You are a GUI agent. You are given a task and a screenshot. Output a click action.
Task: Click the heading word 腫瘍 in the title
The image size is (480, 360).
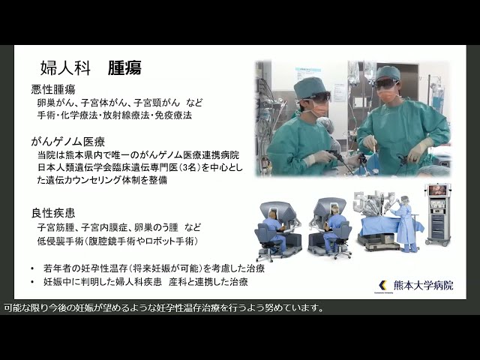[x=124, y=67]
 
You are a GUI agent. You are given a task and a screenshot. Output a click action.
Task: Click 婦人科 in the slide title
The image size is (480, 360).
[x=65, y=67]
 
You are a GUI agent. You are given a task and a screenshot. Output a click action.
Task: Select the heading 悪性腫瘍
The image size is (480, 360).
[x=52, y=89]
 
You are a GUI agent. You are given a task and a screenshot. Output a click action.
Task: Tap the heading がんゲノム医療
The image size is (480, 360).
[x=67, y=140]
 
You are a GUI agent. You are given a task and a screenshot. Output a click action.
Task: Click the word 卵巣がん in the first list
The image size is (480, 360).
[x=57, y=103]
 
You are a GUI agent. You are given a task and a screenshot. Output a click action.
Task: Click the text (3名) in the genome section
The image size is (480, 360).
[x=181, y=167]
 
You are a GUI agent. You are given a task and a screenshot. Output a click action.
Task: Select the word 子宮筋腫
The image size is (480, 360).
[x=57, y=226]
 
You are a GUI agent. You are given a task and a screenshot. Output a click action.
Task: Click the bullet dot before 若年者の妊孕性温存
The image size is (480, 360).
[x=32, y=268]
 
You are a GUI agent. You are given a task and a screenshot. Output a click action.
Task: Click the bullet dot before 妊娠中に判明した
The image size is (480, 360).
[x=32, y=282]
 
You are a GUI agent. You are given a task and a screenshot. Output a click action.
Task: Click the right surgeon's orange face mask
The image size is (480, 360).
[x=388, y=97]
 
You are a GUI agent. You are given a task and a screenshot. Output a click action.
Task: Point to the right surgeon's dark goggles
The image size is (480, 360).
[x=386, y=85]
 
